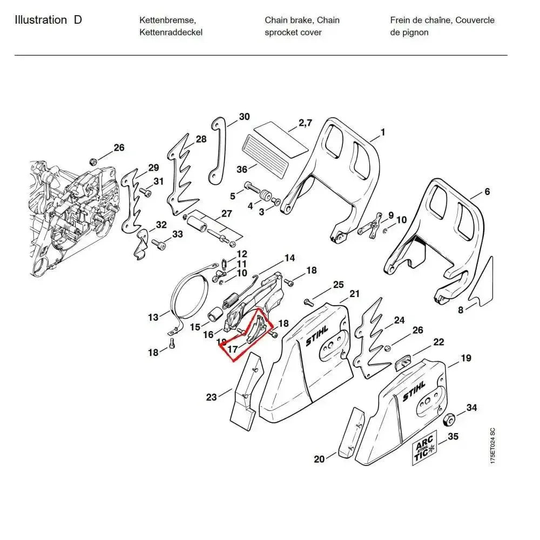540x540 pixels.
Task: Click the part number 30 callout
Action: click(x=244, y=117)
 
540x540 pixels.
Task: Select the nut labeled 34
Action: click(x=448, y=420)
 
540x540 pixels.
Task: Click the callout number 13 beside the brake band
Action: click(x=153, y=317)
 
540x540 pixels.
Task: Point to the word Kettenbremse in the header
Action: click(x=167, y=21)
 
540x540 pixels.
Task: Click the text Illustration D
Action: click(x=49, y=21)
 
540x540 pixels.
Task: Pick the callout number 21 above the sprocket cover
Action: click(x=354, y=294)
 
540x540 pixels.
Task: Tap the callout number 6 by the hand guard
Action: click(x=487, y=192)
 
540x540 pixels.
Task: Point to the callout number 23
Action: click(x=211, y=397)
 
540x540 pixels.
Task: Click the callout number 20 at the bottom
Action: click(x=319, y=459)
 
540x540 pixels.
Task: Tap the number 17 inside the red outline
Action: click(x=232, y=349)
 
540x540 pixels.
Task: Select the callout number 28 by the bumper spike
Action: click(x=201, y=139)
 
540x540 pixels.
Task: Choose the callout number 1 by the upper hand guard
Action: click(x=382, y=132)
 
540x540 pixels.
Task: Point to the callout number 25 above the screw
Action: click(x=338, y=285)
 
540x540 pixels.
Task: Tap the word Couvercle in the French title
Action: click(x=475, y=21)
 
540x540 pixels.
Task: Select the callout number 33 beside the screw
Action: click(x=178, y=234)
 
